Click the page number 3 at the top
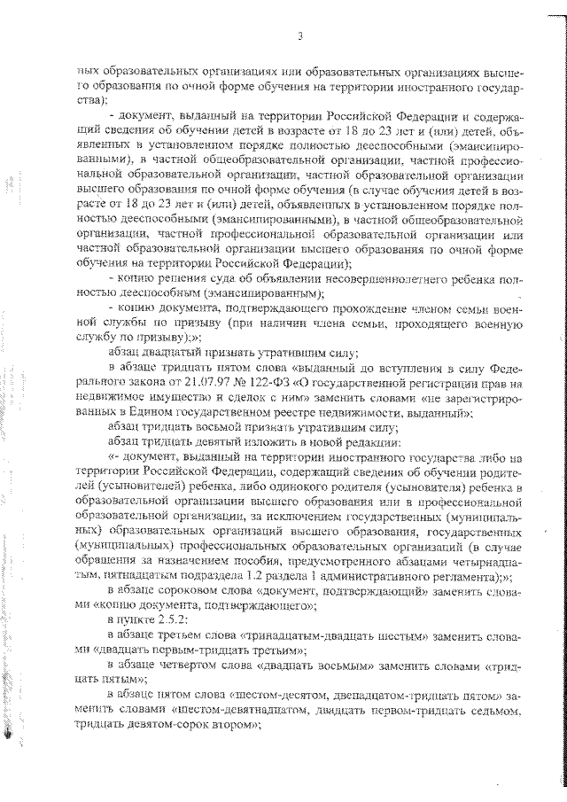(301, 36)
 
